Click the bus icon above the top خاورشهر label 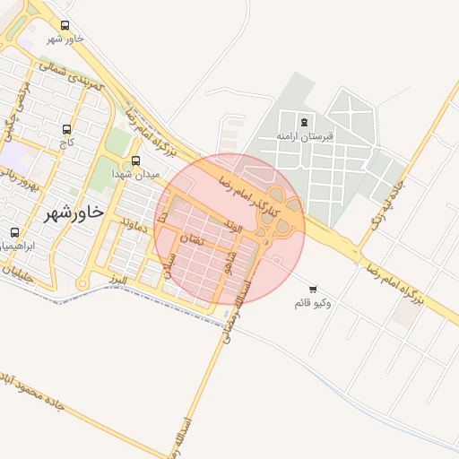(x=65, y=26)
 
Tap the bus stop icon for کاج (x=68, y=129)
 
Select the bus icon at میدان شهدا (x=135, y=160)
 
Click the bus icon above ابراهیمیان (x=14, y=232)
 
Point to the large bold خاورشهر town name (x=74, y=213)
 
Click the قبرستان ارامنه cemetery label (x=304, y=135)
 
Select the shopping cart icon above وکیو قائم (x=312, y=289)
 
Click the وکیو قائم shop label (x=312, y=302)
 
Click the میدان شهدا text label (x=135, y=173)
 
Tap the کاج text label (x=68, y=142)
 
